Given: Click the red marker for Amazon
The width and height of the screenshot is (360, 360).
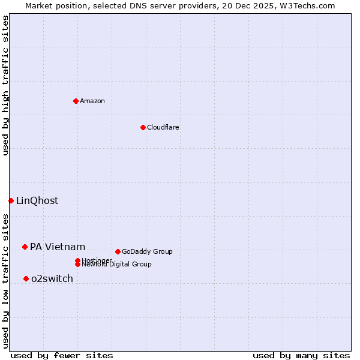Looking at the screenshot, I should (76, 101).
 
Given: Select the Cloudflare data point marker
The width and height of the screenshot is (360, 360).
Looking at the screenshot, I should (143, 127).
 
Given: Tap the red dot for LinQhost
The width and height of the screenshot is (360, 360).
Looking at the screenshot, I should (11, 200).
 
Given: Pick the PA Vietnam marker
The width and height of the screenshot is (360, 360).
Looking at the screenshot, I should (25, 247).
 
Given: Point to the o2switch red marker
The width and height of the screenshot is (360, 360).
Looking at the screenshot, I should (26, 278).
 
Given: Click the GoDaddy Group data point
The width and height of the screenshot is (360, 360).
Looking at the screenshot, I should (118, 251).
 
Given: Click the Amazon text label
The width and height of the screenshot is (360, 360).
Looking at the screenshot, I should (92, 101).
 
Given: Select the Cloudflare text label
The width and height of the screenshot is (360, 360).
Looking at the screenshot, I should (163, 127).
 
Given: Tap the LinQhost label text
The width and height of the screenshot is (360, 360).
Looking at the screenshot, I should (37, 201).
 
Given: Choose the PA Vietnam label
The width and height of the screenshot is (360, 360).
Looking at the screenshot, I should (58, 247).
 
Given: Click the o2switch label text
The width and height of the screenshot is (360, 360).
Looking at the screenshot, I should (52, 279).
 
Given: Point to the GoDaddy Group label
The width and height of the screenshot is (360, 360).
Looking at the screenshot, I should (147, 252).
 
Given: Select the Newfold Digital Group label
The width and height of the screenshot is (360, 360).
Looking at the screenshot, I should (116, 265).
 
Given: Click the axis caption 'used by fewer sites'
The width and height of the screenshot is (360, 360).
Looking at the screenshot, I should (62, 356).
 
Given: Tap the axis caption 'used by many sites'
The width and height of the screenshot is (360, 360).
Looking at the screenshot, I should (301, 356).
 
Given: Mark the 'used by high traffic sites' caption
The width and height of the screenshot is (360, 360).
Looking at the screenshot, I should (6, 85).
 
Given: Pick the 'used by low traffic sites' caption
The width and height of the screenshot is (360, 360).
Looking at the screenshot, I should (6, 280).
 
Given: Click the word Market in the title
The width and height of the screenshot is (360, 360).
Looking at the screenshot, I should (38, 5).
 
